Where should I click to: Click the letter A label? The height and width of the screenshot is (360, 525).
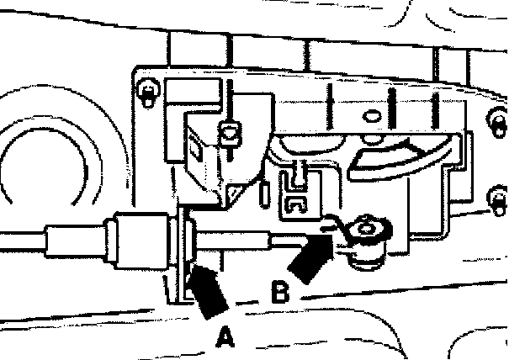[224, 337]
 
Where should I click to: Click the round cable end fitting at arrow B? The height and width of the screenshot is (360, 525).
[369, 227]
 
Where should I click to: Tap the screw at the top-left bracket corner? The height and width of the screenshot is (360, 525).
[149, 90]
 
